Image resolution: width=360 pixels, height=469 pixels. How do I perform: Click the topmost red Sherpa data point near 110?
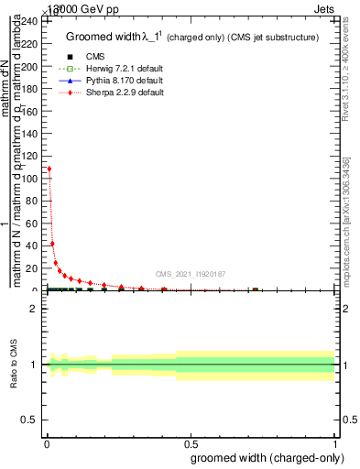point(49,169)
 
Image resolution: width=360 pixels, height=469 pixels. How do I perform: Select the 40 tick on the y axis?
point(34,246)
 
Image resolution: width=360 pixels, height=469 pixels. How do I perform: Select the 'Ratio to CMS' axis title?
point(14,364)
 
